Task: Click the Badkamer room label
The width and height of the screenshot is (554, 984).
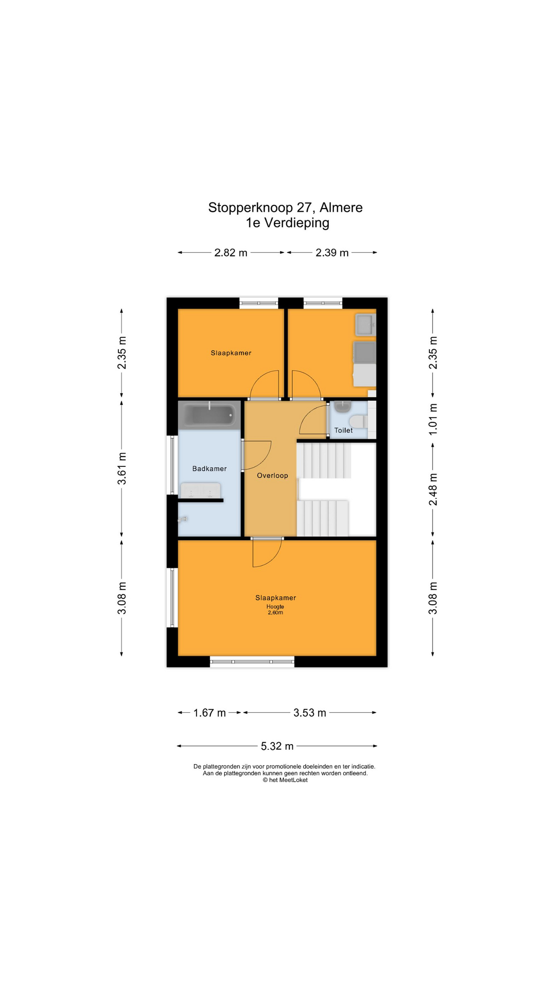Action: click(209, 468)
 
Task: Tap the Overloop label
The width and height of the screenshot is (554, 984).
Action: click(272, 476)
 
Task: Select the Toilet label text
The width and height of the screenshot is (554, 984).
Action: click(343, 430)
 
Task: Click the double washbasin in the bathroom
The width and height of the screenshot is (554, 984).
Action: click(200, 490)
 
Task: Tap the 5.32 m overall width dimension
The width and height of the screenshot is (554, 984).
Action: click(277, 746)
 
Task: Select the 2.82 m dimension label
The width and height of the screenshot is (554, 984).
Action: click(231, 253)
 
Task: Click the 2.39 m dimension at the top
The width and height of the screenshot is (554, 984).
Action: click(332, 253)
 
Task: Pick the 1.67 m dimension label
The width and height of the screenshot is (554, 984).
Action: click(209, 713)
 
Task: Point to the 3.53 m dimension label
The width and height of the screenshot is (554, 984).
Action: click(310, 713)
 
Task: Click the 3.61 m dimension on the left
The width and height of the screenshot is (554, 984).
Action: click(122, 468)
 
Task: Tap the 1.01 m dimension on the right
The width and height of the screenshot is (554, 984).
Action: click(433, 419)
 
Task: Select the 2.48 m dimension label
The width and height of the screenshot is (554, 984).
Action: click(433, 489)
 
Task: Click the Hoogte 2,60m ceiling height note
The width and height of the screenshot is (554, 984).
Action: click(275, 609)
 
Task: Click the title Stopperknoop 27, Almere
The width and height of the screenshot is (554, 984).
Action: click(285, 208)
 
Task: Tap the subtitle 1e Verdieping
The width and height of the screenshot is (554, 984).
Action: click(287, 223)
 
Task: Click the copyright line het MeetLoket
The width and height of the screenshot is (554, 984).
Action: click(285, 780)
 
